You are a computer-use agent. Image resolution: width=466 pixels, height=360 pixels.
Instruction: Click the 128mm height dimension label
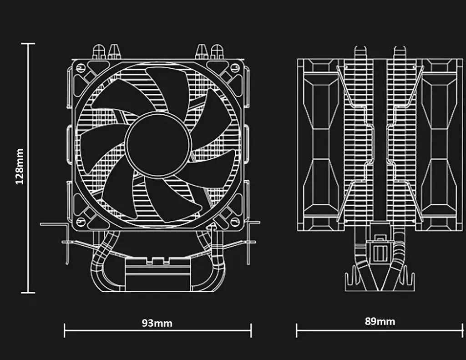point(19,167)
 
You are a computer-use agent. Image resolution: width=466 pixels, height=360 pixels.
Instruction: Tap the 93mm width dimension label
point(157,323)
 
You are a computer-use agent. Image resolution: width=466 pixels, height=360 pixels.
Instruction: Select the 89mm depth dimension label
point(380,321)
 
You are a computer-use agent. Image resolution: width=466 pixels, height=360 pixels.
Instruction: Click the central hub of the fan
point(158,145)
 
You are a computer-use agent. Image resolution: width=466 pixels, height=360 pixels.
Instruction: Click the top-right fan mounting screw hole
point(235,68)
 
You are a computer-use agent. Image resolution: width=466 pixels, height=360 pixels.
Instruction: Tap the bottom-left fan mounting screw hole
point(81,222)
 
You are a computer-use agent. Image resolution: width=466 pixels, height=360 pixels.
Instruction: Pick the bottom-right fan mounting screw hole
point(235,222)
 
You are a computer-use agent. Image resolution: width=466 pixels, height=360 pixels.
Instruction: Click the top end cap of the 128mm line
point(28,44)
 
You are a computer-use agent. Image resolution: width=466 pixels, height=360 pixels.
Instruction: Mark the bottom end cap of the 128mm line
point(28,293)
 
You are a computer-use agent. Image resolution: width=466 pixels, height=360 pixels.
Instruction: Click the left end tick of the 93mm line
point(65,330)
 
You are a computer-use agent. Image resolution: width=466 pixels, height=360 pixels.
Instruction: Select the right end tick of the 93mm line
point(251,330)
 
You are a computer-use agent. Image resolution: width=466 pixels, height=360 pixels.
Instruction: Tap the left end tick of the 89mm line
point(296,330)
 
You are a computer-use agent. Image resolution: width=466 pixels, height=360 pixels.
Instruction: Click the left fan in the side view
point(321,145)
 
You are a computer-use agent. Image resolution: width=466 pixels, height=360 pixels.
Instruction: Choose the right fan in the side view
point(439,145)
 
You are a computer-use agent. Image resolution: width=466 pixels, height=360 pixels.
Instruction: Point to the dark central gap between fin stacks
point(380,140)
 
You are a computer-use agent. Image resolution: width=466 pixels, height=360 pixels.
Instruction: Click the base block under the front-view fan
point(157,274)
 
